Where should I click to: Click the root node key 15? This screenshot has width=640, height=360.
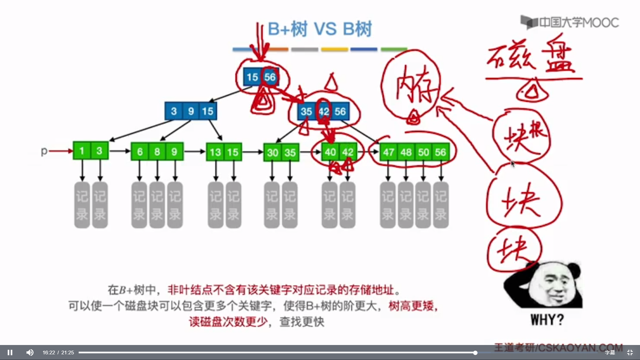(x=252, y=77)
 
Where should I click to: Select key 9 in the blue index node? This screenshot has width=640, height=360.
(x=191, y=111)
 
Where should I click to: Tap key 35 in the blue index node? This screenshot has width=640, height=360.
(x=306, y=111)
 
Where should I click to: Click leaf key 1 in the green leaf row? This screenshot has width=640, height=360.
(x=82, y=151)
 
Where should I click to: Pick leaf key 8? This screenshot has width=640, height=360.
(x=157, y=152)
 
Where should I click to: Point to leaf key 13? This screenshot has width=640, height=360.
(x=215, y=152)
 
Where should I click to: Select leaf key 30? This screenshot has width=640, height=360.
(x=272, y=153)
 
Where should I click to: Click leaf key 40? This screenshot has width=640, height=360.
(x=330, y=152)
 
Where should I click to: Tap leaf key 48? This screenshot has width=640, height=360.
(x=406, y=152)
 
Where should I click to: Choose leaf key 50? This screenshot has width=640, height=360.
(x=423, y=152)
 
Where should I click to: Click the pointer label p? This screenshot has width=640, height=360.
(x=44, y=151)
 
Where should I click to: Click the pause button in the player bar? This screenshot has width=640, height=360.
(x=10, y=352)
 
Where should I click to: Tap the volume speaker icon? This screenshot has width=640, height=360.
(x=30, y=352)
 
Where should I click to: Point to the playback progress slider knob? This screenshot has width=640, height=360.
(x=475, y=352)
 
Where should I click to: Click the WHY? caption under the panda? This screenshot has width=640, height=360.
(x=547, y=320)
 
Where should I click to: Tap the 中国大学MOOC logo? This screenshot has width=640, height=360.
(x=570, y=22)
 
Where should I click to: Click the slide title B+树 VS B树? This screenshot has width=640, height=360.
(x=320, y=29)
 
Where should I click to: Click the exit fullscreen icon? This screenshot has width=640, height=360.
(x=630, y=352)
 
